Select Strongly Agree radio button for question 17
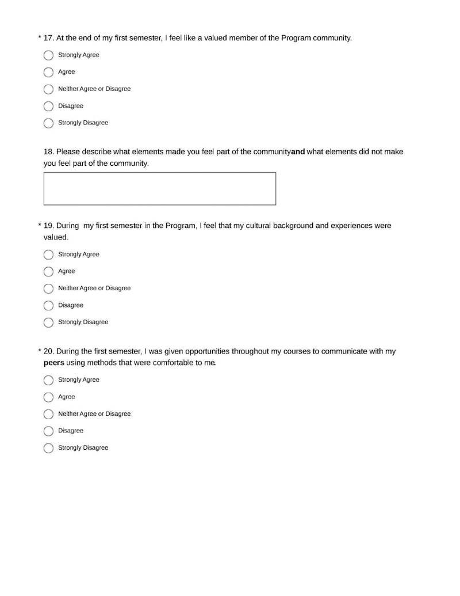pos(48,55)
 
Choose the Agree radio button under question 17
pos(48,73)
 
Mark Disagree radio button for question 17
pos(48,106)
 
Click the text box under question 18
pos(160,188)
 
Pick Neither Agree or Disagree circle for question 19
pos(48,288)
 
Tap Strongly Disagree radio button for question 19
pos(48,322)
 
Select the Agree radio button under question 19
pos(48,272)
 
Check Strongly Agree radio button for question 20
pos(48,380)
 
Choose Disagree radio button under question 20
pos(48,431)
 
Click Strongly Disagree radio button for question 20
pos(48,448)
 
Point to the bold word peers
pos(53,363)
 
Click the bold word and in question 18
pos(298,152)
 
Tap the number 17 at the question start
pos(48,38)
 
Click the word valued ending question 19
pos(56,237)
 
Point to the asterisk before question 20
pos(40,351)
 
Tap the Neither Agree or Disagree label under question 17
pos(94,89)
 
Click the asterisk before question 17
pos(40,38)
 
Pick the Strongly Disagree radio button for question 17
pos(48,123)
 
